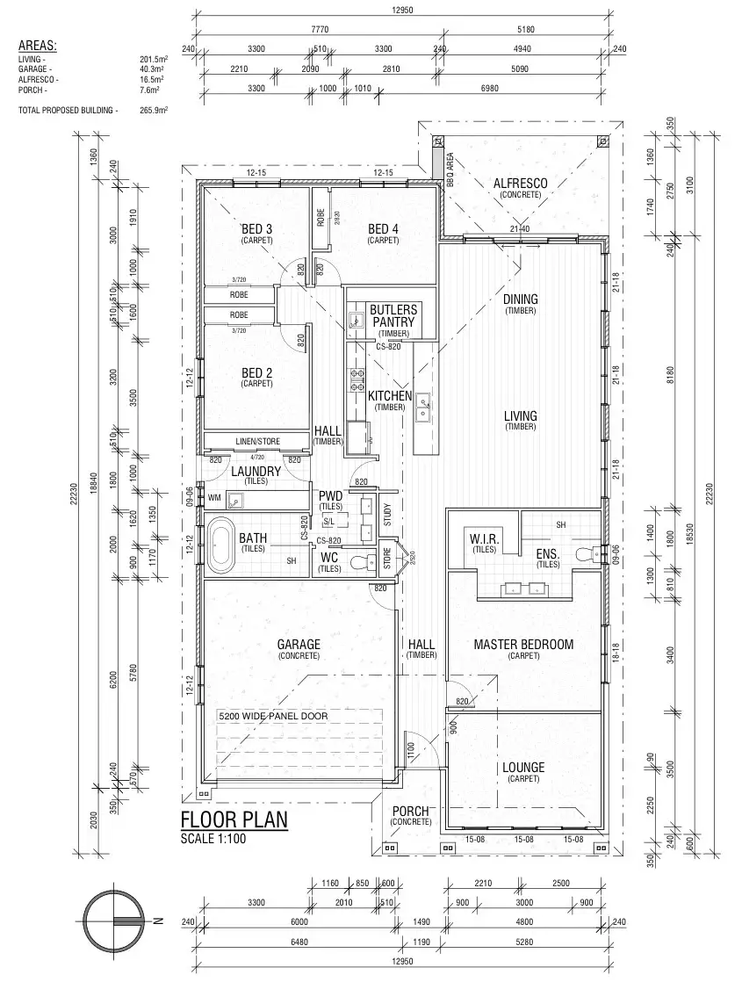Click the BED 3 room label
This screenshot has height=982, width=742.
[257, 229]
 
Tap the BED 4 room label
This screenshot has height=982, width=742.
[383, 229]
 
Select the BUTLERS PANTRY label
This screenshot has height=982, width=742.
[393, 316]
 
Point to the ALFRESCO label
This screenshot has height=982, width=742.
[521, 184]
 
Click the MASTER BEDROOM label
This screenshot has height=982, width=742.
[523, 645]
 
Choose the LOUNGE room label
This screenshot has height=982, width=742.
[523, 768]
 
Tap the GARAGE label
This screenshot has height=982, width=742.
[299, 645]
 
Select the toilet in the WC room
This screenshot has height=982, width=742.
[357, 561]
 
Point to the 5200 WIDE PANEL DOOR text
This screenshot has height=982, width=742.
[273, 717]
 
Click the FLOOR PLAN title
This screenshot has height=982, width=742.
[234, 820]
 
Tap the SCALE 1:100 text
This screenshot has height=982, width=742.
[213, 839]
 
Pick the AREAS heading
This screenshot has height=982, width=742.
[37, 45]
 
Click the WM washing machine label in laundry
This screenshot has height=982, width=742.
[214, 498]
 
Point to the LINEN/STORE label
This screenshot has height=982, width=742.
[256, 441]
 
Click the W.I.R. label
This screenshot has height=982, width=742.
[484, 538]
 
